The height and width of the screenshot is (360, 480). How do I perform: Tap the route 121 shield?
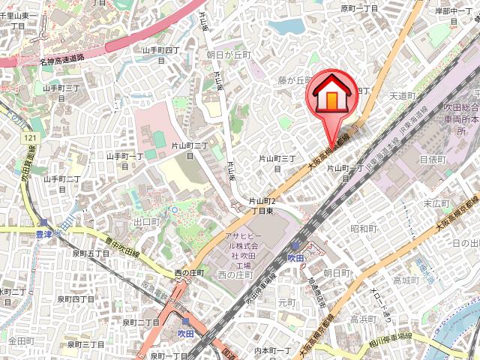pyautogui.click(x=30, y=139)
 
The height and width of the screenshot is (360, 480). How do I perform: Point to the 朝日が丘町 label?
pyautogui.click(x=228, y=55)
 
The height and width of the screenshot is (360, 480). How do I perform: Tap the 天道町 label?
pyautogui.click(x=403, y=95)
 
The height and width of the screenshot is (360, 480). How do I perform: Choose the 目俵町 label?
pyautogui.click(x=433, y=159)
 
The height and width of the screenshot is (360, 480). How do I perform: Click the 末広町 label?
pyautogui.click(x=436, y=203)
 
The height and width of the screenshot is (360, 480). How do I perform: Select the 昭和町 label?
pyautogui.click(x=364, y=228)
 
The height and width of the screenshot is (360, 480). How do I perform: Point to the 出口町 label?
pyautogui.click(x=146, y=223)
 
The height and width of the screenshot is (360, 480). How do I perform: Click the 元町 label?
pyautogui.click(x=286, y=303)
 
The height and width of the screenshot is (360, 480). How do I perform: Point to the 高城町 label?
pyautogui.click(x=406, y=280)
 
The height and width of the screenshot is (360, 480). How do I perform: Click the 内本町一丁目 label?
pyautogui.click(x=272, y=350)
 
